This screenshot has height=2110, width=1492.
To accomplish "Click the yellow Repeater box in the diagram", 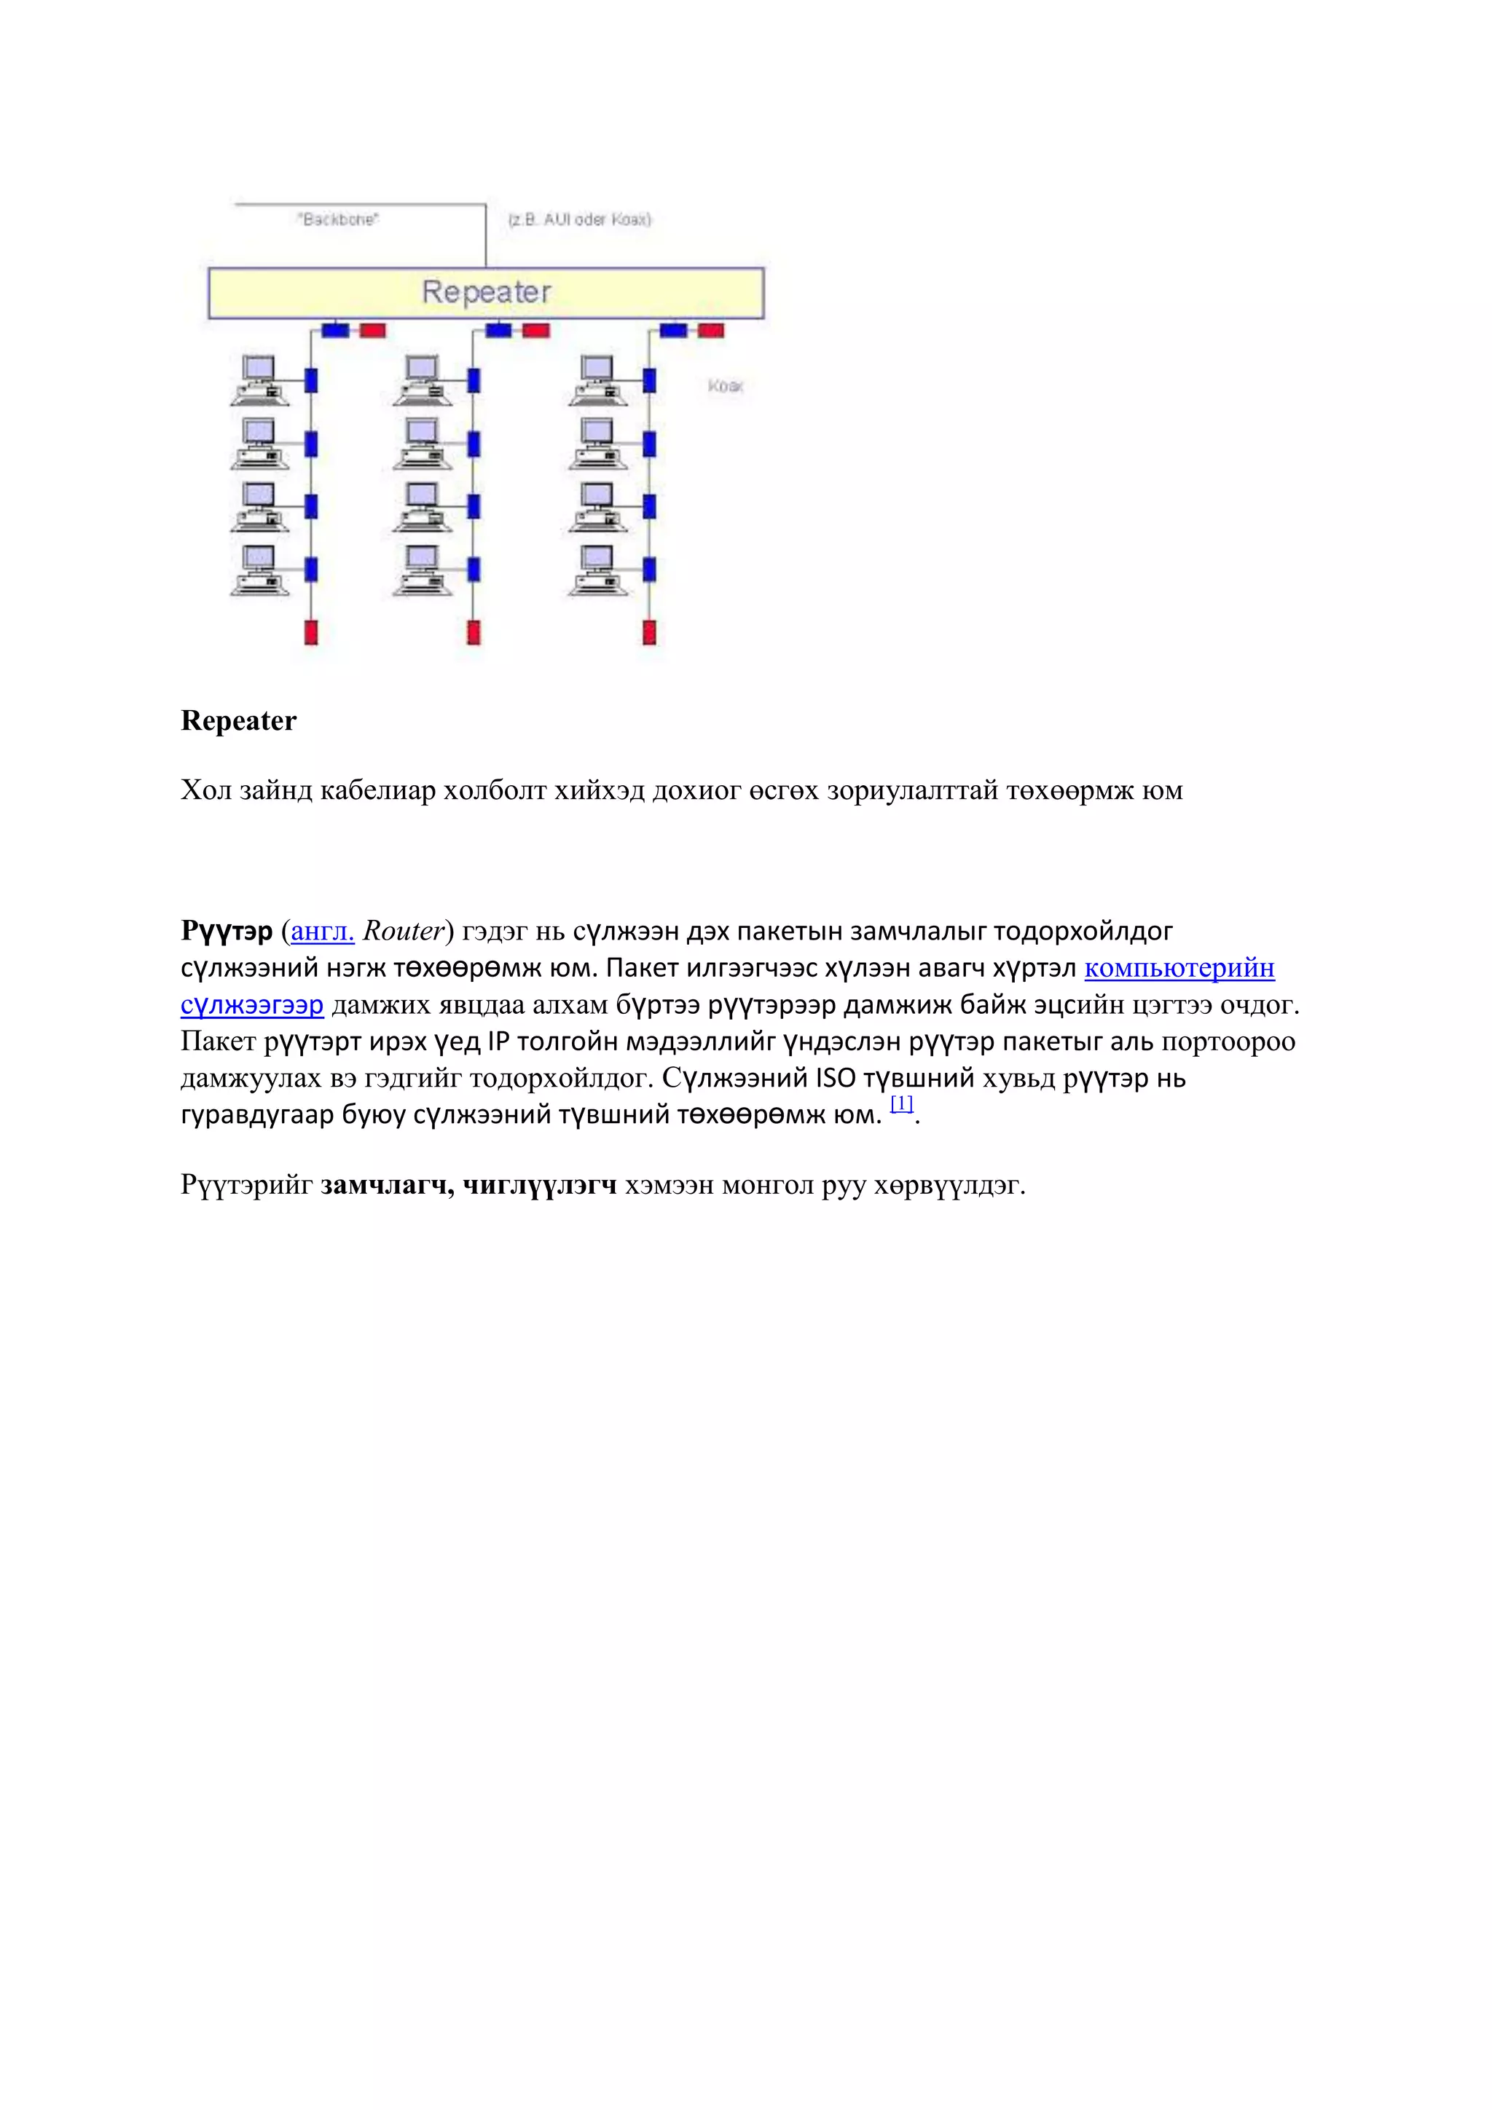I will (487, 292).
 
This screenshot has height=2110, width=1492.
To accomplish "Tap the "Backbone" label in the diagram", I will (338, 219).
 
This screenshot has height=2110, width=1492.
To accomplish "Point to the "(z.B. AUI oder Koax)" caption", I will (579, 219).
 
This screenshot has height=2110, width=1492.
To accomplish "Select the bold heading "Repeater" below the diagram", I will (238, 720).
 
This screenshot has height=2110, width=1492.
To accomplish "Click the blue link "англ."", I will (322, 931).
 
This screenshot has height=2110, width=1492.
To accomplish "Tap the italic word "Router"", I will (404, 931).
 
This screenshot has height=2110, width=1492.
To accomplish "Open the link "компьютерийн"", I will (1179, 968).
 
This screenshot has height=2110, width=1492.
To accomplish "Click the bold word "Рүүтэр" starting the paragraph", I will (226, 931).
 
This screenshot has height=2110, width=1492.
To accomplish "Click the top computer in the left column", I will (259, 379).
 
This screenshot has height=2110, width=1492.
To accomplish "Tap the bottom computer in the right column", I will (597, 570).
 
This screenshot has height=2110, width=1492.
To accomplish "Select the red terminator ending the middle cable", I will (474, 632).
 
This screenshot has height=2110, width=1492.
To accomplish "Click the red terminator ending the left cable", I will (311, 632).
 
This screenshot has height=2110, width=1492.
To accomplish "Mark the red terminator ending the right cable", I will (649, 632).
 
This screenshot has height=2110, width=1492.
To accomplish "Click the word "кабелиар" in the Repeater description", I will (377, 790).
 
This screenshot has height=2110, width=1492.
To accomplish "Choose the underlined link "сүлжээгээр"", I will (252, 1004).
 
